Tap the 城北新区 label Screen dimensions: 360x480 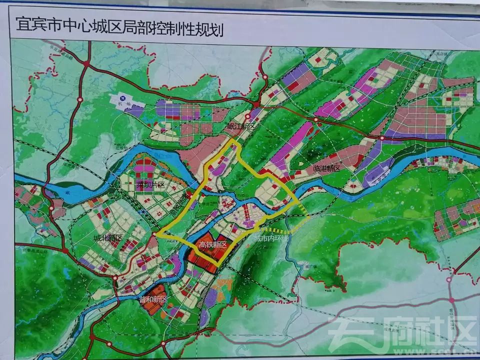107,237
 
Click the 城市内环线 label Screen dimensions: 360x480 271,239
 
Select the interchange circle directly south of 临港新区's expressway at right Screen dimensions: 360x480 382,137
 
